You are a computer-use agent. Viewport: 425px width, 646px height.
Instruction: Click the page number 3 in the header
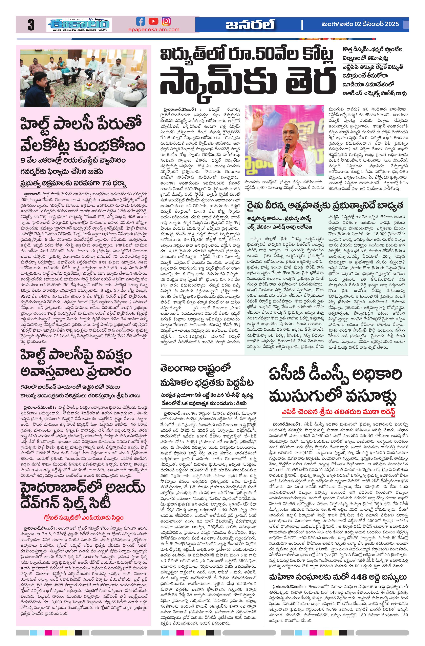31,25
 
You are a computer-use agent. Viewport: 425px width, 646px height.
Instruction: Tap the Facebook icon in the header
141,21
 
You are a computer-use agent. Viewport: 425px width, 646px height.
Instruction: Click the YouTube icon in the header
153,21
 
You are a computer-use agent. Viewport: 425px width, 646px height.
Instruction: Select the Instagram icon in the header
166,21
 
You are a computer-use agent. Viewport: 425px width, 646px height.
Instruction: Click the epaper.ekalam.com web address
154,30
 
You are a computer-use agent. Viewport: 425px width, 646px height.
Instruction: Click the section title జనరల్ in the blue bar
250,24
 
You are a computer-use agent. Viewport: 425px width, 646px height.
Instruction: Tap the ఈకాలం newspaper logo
79,24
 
